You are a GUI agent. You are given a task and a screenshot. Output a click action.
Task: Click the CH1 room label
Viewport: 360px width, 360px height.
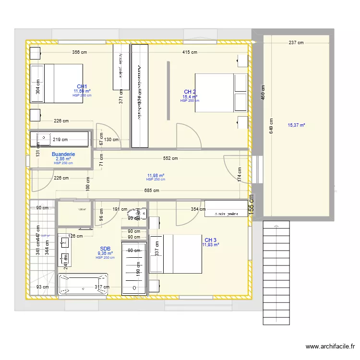(x=82, y=86)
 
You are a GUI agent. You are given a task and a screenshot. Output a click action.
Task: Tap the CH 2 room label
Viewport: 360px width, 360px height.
(x=190, y=92)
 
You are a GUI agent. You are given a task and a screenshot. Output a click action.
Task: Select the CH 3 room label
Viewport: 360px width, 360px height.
(x=210, y=240)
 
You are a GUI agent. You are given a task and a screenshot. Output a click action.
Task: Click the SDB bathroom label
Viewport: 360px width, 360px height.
(x=105, y=249)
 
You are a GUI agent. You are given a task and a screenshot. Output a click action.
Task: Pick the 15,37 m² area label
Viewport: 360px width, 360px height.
(x=296, y=125)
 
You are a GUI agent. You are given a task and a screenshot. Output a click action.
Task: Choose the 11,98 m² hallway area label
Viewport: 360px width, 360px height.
(x=156, y=176)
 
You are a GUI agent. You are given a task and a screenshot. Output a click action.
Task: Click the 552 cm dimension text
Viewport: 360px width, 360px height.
(x=170, y=158)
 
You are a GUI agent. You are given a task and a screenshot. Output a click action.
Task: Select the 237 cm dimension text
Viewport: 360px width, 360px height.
(x=296, y=43)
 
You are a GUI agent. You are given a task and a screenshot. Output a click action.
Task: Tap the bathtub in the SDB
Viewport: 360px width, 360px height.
(x=83, y=284)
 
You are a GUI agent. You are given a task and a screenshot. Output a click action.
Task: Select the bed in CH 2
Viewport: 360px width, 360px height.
(x=221, y=93)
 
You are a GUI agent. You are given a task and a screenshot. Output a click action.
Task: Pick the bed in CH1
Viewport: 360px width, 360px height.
(x=57, y=83)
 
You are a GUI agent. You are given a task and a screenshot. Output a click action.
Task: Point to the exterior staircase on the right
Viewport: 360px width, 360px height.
(x=276, y=273)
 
